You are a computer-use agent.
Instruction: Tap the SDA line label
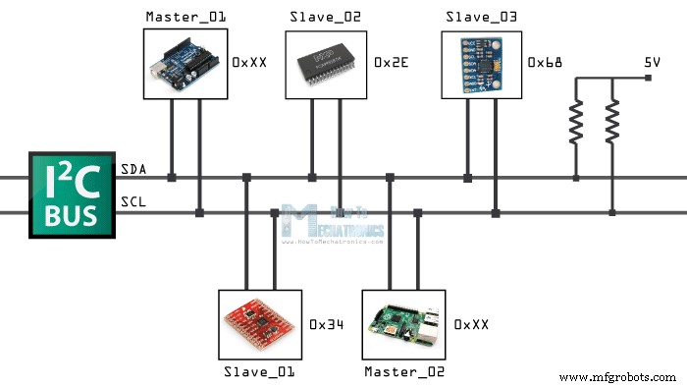tap(133, 170)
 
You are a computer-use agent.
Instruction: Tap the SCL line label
tap(133, 203)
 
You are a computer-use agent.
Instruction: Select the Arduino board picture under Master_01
tap(185, 63)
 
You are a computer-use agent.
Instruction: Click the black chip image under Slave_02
tap(326, 63)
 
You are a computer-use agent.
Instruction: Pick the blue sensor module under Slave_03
tap(481, 63)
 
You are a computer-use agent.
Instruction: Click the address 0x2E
tap(391, 62)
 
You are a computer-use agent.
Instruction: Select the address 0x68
tap(545, 62)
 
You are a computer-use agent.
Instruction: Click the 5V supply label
tap(652, 62)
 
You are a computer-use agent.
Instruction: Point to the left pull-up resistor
tap(575, 125)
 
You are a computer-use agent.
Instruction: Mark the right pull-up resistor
tap(612, 125)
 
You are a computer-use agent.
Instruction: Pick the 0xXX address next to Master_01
tap(248, 62)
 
